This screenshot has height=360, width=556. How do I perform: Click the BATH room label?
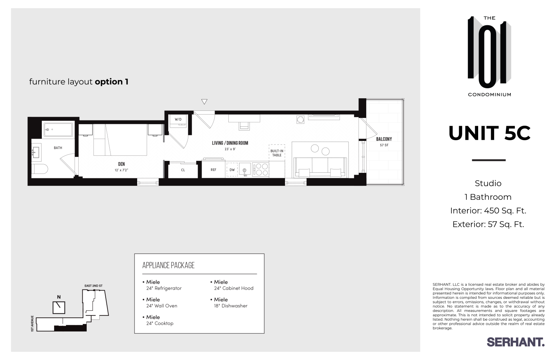click(x=58, y=148)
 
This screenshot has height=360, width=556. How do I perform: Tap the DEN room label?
click(x=122, y=164)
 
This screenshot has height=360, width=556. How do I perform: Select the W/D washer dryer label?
click(x=178, y=119)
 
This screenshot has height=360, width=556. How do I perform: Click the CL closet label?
click(x=183, y=170)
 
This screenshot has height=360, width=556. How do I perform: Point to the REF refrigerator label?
click(x=214, y=170)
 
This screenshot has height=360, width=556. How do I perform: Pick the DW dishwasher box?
click(x=232, y=170)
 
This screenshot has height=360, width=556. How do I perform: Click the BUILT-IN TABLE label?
click(x=277, y=153)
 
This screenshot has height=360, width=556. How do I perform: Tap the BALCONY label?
click(x=384, y=139)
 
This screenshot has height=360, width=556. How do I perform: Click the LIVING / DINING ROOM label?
click(x=230, y=143)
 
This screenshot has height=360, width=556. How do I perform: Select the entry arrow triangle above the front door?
click(x=204, y=102)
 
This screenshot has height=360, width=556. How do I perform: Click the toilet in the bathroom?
click(x=40, y=169)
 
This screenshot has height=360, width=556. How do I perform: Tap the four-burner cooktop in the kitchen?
click(x=260, y=170)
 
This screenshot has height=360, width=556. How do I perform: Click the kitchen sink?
click(x=245, y=170)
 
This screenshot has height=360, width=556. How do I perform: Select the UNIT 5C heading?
click(x=489, y=133)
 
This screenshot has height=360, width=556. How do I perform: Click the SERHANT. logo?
click(x=515, y=342)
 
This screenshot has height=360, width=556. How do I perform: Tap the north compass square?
click(x=59, y=307)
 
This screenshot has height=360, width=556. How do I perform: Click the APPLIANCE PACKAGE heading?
click(x=168, y=265)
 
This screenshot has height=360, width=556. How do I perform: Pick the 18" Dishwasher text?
click(x=231, y=306)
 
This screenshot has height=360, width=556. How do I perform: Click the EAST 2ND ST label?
click(x=93, y=286)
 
